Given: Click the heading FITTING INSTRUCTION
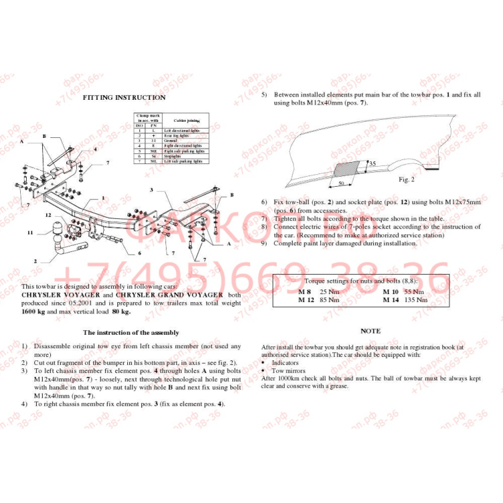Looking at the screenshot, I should [x=124, y=98].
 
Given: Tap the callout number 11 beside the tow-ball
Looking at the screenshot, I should [x=30, y=232].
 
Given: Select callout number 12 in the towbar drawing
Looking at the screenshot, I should [x=49, y=215].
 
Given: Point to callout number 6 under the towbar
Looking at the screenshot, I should [x=139, y=253].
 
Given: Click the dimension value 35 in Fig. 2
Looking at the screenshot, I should [x=372, y=163].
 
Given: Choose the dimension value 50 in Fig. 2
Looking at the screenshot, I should [x=341, y=183].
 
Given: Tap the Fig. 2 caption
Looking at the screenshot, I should [x=407, y=179].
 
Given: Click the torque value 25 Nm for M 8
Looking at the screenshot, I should [x=328, y=293].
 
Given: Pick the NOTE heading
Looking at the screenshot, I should [x=370, y=331].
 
